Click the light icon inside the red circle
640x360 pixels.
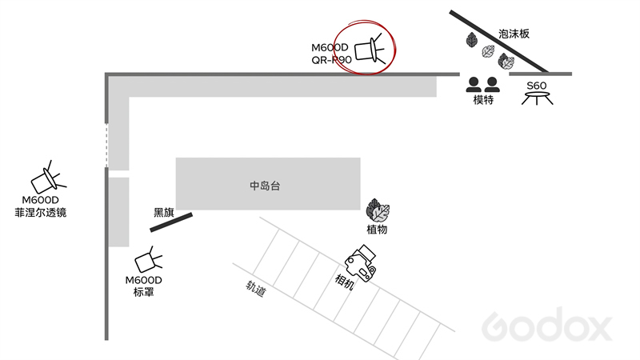click(x=370, y=50)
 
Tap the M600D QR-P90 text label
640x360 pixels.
click(x=331, y=54)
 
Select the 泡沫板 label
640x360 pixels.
click(x=514, y=34)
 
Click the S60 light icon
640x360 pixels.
click(x=537, y=98)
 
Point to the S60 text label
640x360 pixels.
click(x=536, y=86)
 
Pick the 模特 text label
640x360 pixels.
click(x=483, y=99)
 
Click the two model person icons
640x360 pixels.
click(x=483, y=85)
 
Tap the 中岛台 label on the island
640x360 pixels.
click(x=265, y=186)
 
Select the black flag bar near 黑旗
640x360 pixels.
click(x=171, y=222)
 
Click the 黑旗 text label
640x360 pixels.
click(x=164, y=212)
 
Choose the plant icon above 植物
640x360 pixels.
click(x=378, y=210)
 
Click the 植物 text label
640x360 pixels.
click(x=377, y=230)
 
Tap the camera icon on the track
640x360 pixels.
click(x=361, y=263)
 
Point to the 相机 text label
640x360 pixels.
click(x=344, y=282)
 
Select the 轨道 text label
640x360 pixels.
click(x=256, y=288)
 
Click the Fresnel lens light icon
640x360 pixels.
click(x=48, y=178)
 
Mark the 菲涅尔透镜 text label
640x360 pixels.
click(x=41, y=213)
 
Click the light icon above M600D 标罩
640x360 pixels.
click(x=148, y=259)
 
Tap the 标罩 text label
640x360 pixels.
click(x=144, y=292)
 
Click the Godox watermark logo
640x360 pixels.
click(x=547, y=324)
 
